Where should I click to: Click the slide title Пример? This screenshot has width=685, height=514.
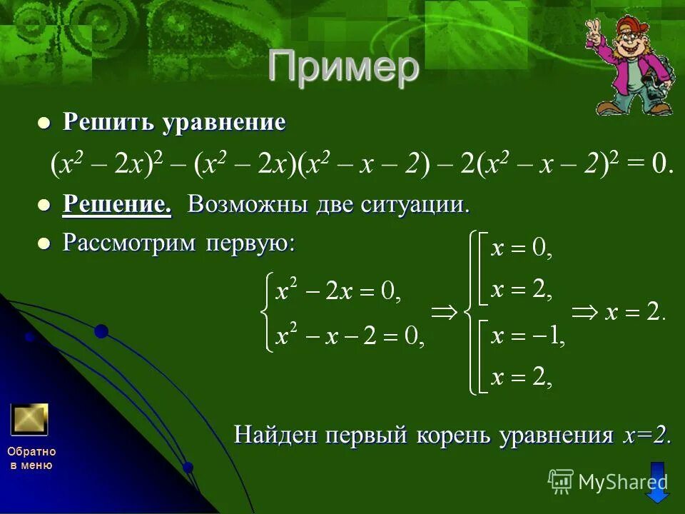click(343, 68)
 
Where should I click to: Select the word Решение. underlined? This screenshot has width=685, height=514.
click(117, 205)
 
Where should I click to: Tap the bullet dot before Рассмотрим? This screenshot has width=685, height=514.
click(44, 243)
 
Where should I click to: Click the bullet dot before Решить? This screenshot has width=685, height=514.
click(44, 124)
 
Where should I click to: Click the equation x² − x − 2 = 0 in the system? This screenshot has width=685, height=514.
click(350, 336)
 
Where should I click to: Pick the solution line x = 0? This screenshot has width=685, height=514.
click(522, 248)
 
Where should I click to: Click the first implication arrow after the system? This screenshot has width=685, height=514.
click(445, 312)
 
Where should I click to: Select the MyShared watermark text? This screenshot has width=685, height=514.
click(622, 482)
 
